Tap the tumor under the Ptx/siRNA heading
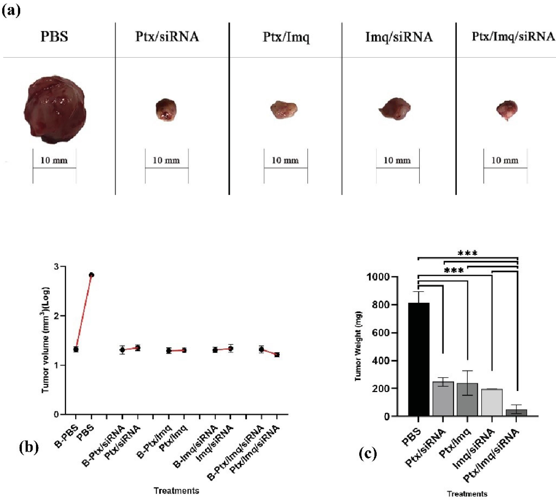coord(166,109)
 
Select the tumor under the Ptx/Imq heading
coord(284,110)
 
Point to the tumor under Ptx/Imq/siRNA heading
coord(507,110)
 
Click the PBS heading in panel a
coord(54,36)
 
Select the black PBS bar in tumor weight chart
coord(418,360)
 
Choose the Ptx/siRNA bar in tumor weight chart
coord(443,399)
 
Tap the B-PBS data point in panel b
coord(76,349)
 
